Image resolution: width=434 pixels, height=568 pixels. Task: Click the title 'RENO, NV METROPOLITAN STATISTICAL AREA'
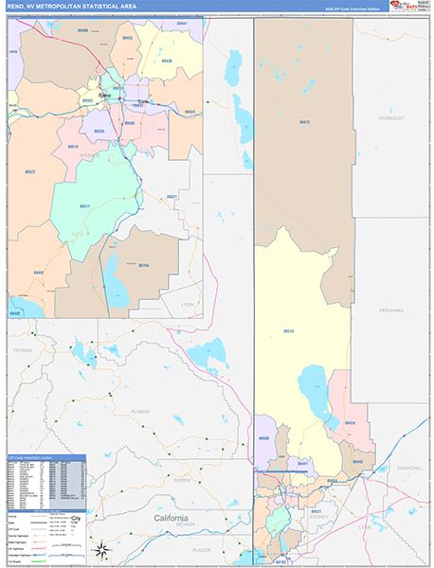tap(75, 8)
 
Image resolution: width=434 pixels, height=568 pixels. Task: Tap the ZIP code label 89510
tap(288, 330)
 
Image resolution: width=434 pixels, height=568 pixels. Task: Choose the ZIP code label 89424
tap(350, 423)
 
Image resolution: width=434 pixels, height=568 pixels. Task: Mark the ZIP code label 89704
tap(144, 266)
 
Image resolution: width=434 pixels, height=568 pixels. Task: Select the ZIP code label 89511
tap(84, 205)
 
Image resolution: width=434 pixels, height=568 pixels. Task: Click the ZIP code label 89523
tap(29, 171)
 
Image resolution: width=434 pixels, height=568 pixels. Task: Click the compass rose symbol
tap(103, 549)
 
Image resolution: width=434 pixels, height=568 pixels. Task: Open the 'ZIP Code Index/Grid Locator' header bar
tap(45, 456)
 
